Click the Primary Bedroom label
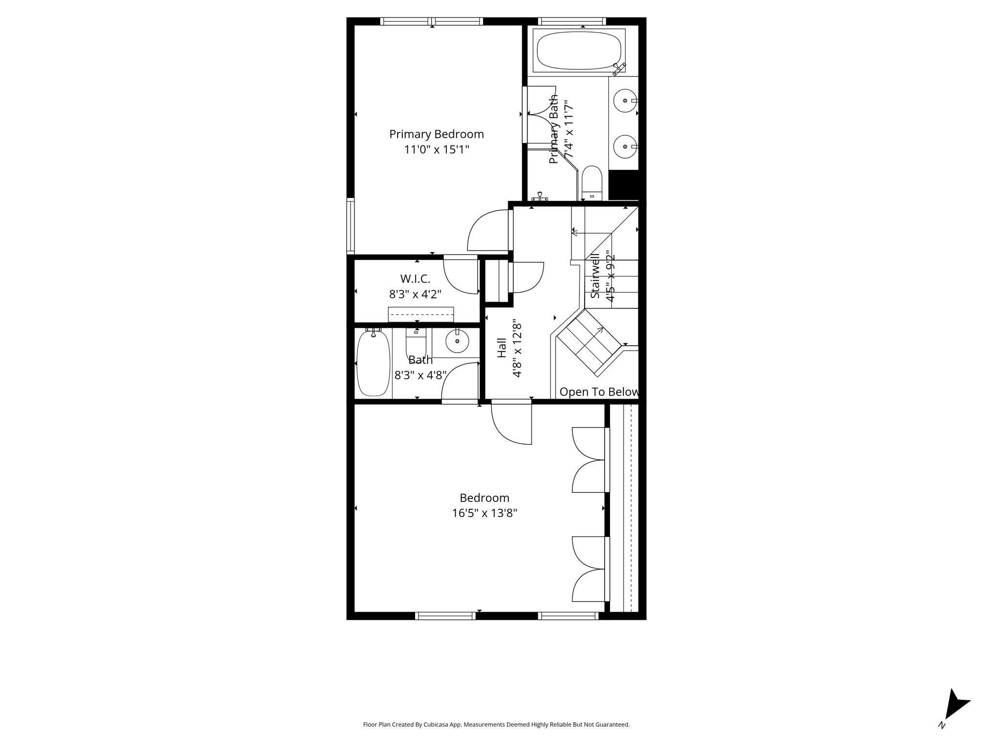(x=436, y=134)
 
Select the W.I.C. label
(x=415, y=279)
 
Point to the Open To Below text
(x=599, y=392)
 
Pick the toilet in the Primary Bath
(x=592, y=183)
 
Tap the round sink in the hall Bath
(x=457, y=341)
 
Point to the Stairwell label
(x=595, y=276)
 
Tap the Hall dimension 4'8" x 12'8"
(x=516, y=350)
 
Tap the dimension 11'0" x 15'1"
(x=436, y=149)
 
